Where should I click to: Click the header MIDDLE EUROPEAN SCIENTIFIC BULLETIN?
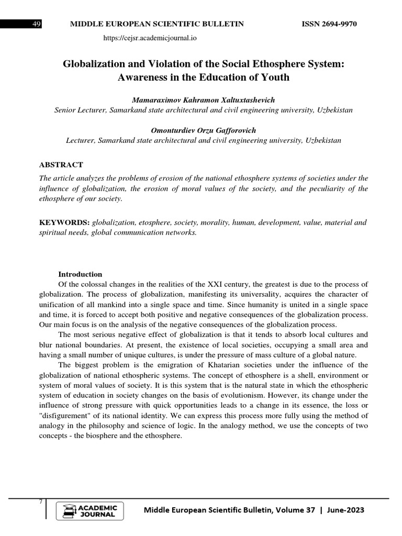coord(157,25)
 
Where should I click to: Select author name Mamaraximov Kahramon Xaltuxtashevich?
coord(203,100)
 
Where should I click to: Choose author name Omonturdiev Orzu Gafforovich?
coord(203,130)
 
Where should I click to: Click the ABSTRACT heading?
coord(61,164)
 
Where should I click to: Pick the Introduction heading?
coord(80,274)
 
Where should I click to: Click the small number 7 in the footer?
coord(41,502)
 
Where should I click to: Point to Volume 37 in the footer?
coord(298,510)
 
